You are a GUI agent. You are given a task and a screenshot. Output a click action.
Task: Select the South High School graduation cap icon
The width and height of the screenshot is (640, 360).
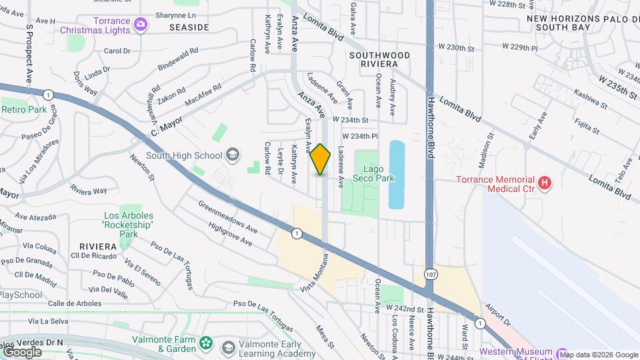(233, 156)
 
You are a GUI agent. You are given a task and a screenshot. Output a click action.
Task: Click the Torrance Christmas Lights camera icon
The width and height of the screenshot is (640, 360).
(140, 25)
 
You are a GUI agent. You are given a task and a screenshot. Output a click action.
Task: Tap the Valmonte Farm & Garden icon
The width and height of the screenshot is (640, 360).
(206, 343)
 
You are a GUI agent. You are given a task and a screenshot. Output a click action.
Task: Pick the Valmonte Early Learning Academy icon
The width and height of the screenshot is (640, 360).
(229, 348)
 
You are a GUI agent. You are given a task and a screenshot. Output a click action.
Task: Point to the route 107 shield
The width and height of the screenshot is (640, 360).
(431, 274)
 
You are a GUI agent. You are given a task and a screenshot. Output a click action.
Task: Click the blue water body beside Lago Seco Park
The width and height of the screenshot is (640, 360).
(397, 173)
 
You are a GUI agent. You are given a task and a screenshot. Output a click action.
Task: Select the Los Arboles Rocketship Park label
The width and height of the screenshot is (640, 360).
(128, 225)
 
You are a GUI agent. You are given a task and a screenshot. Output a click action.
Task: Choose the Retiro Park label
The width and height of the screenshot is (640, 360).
(24, 109)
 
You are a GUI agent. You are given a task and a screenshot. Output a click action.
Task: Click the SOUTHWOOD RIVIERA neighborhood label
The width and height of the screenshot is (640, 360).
(373, 58)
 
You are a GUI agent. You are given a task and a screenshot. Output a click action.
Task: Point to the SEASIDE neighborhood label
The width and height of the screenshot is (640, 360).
(189, 27)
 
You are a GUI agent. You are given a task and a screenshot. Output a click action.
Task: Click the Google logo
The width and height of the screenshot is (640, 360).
(21, 351)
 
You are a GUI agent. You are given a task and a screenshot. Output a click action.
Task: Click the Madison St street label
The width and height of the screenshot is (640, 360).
(490, 151)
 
